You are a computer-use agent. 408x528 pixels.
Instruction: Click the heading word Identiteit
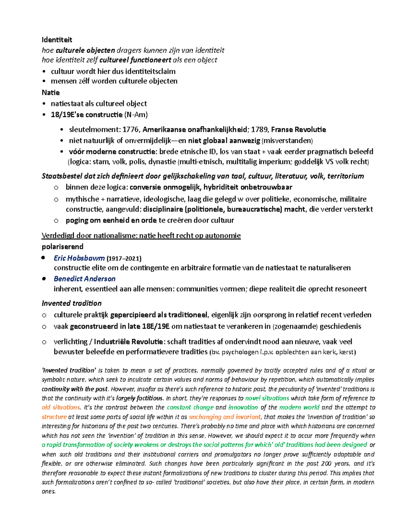pos(57,40)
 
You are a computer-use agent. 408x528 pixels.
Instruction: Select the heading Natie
pos(51,92)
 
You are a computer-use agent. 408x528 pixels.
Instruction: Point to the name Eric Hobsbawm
pos(79,258)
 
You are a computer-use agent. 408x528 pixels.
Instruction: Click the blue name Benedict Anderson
pos(85,279)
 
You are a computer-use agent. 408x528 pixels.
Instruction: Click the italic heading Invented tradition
pos(71,303)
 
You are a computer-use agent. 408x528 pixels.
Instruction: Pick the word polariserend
pos(63,246)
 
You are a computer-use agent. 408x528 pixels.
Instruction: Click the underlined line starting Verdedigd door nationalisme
pos(141,236)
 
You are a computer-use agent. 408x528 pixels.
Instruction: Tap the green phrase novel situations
pos(267,398)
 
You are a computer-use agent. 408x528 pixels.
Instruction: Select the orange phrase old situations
pos(61,407)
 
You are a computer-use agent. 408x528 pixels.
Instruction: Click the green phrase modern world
pos(299,407)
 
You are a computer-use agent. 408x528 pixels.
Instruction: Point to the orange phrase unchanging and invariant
pos(225,417)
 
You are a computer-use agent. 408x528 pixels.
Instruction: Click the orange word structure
pos(54,417)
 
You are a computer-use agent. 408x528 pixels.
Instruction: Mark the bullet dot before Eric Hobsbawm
pos(43,258)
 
